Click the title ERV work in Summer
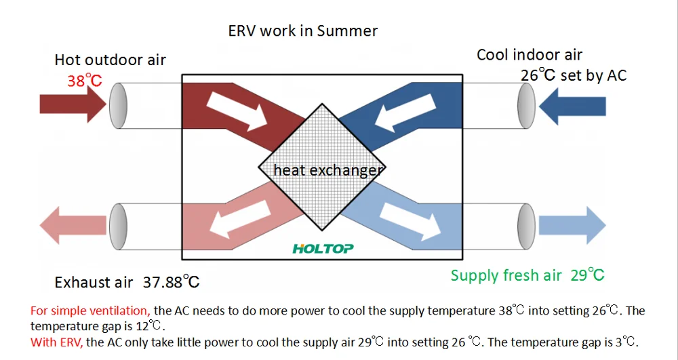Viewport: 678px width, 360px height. pos(302,31)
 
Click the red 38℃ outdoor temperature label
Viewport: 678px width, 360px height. pos(84,81)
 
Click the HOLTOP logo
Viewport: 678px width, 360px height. pos(323,248)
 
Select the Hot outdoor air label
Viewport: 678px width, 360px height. pos(111,60)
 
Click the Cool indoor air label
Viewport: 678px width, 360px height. pos(529,55)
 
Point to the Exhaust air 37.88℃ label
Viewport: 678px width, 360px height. pos(127,281)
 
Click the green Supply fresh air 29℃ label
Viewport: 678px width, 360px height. pos(527,275)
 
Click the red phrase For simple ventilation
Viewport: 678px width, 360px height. pos(91,311)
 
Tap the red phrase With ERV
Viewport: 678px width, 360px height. pos(56,342)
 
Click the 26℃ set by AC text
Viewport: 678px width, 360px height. pos(573,75)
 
